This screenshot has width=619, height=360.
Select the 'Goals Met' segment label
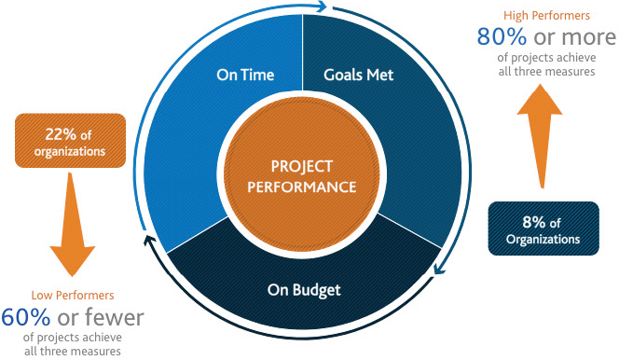pos(359,74)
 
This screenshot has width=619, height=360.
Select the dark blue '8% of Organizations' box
pos(543,229)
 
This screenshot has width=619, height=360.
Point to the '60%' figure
pos(26,317)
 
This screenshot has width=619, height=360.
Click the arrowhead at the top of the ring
pos(323,7)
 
